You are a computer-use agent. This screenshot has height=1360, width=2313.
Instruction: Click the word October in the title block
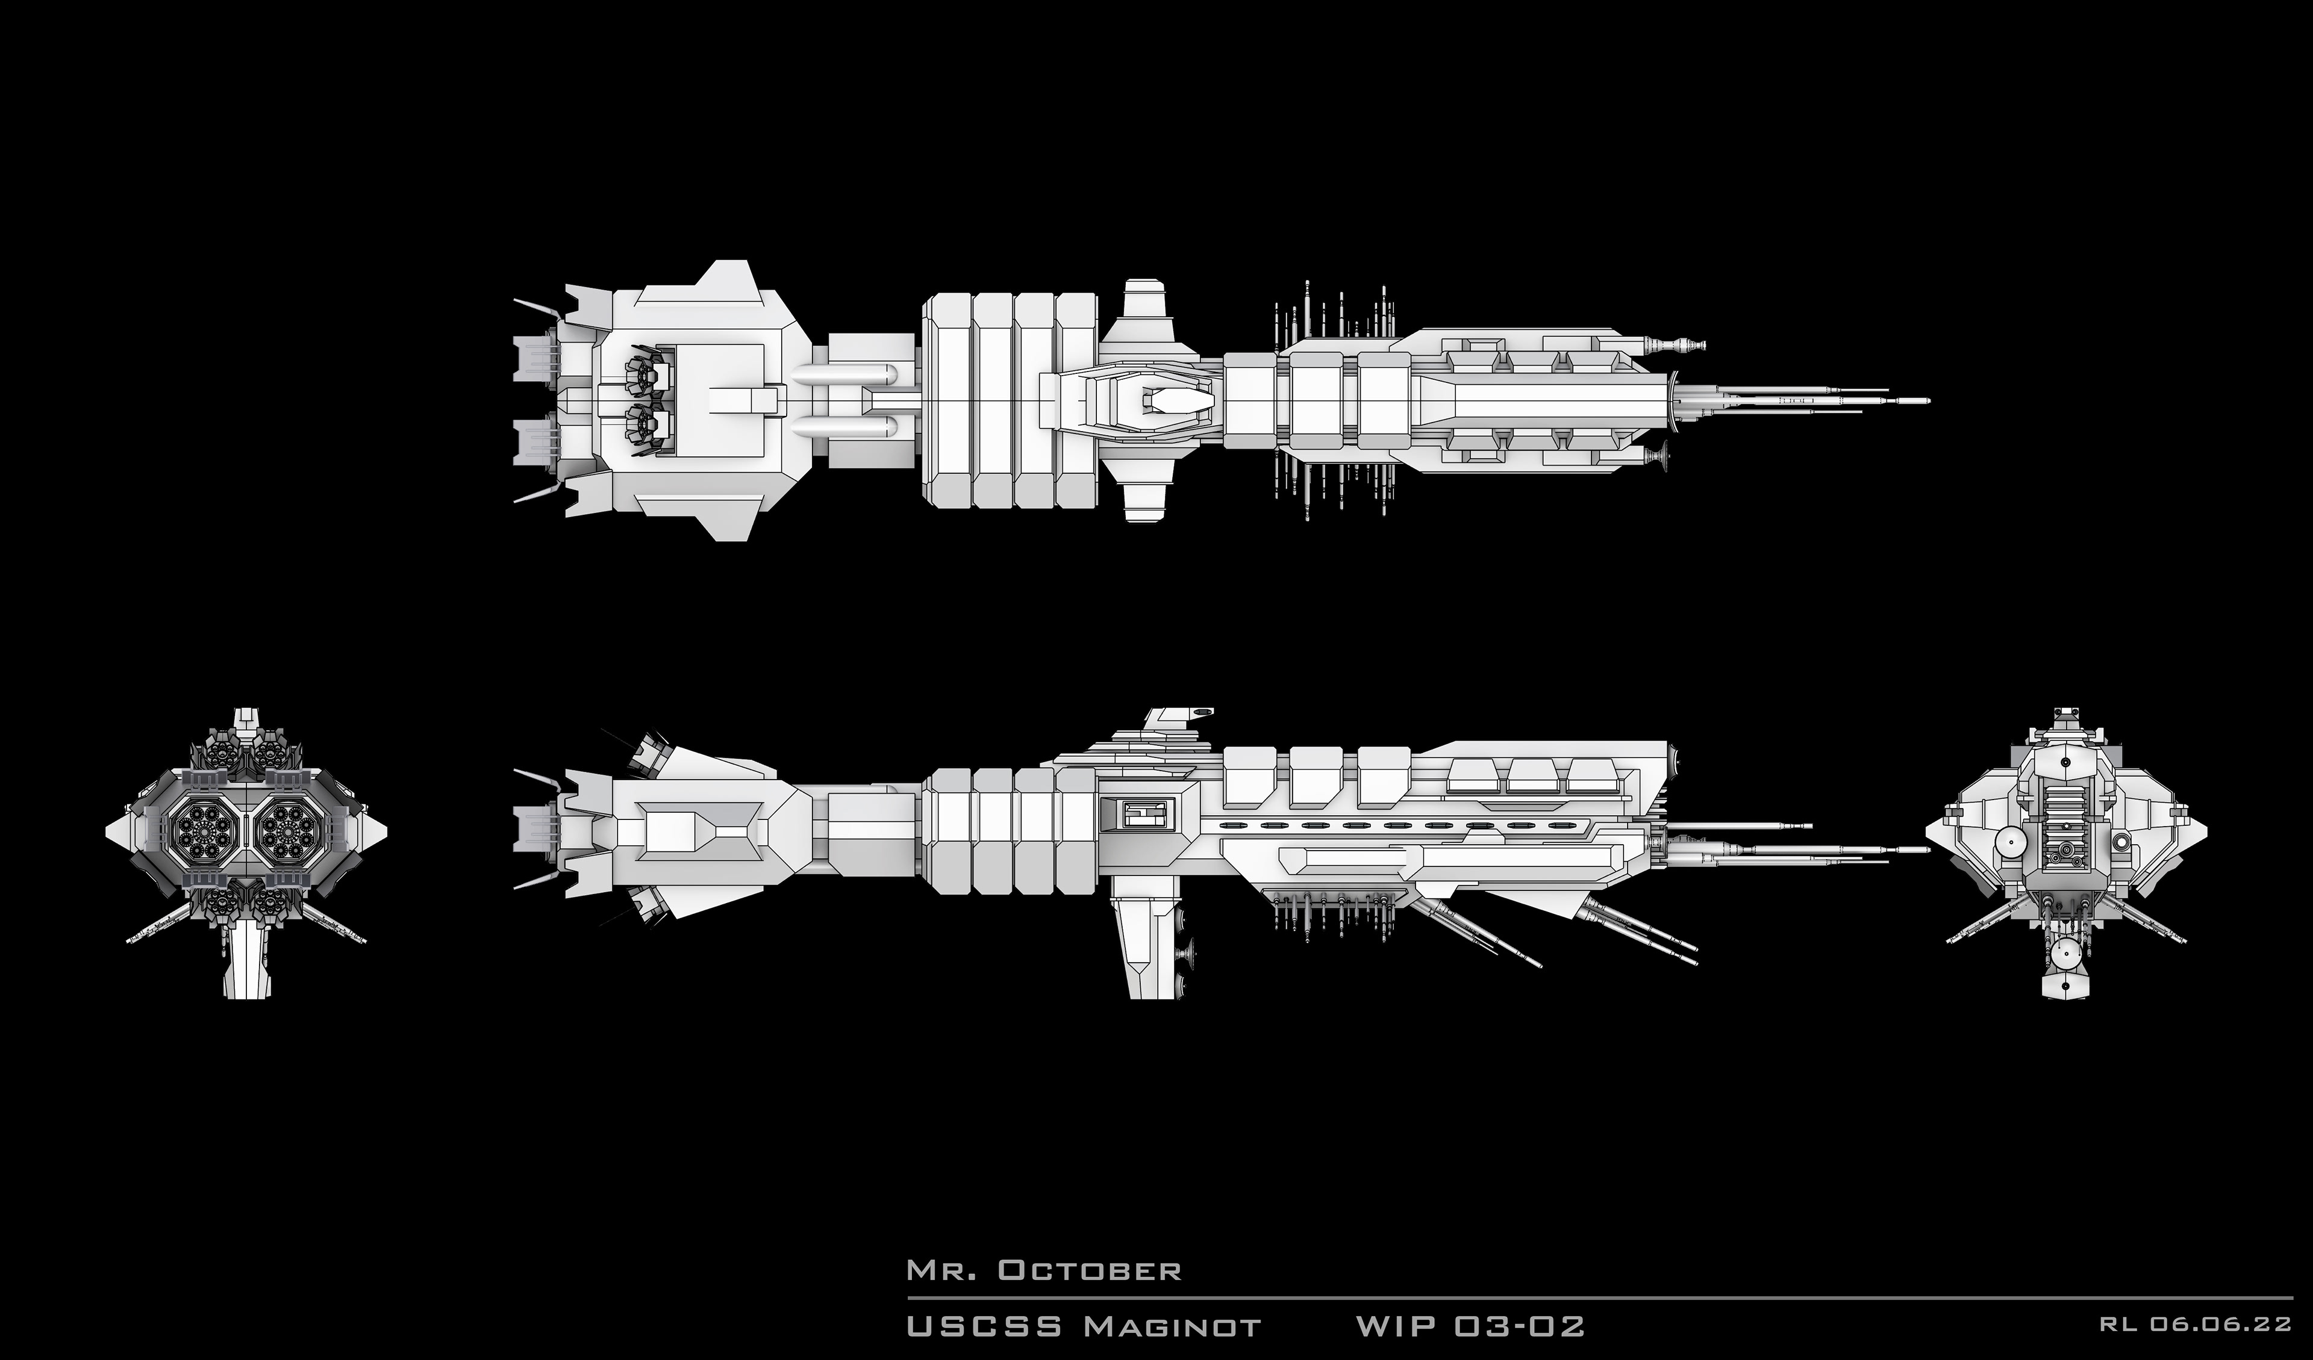point(1090,1271)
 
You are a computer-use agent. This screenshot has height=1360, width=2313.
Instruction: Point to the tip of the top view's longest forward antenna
point(1926,401)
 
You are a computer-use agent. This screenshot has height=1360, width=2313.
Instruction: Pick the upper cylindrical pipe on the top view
point(844,374)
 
